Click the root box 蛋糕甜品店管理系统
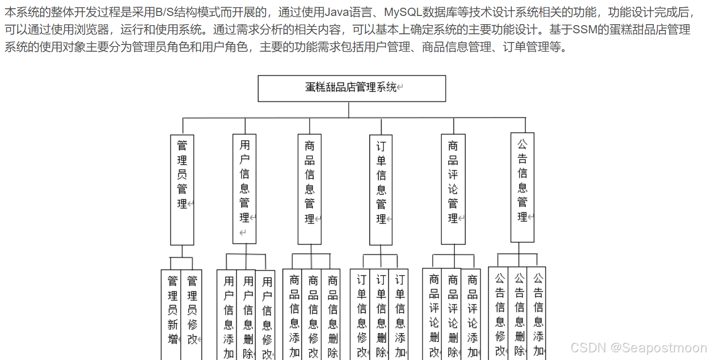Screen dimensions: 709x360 click(x=352, y=88)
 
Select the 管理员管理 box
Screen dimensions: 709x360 click(x=182, y=189)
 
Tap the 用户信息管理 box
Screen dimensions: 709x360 click(x=245, y=188)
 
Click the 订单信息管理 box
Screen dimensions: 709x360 click(x=381, y=189)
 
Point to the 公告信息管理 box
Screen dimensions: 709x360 click(x=522, y=187)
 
